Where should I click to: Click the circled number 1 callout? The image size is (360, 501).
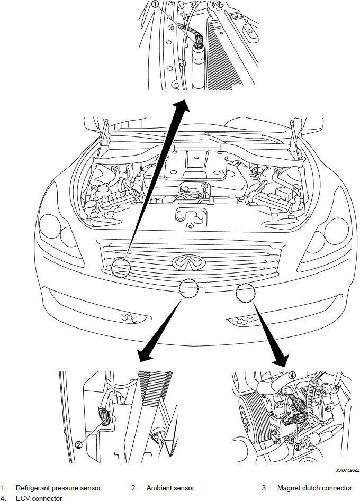pos(155,4)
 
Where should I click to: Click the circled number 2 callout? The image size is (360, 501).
pos(78,445)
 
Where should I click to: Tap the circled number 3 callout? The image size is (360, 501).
pos(298,447)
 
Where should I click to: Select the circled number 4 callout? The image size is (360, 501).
pos(292,376)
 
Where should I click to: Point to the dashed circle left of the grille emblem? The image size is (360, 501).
pos(121,267)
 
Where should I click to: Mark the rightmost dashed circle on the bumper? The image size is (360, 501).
pos(246,293)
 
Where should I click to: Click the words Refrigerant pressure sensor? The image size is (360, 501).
pos(58,488)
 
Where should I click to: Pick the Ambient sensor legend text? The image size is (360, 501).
pos(170,488)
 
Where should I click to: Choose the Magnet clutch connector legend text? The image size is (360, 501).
pos(314,488)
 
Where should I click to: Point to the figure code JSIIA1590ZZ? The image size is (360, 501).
pos(347,470)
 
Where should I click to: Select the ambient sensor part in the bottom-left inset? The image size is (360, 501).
pos(105,417)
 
